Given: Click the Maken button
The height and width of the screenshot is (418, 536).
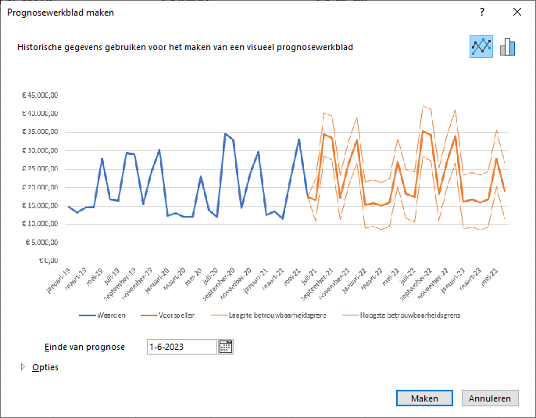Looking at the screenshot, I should click(424, 398).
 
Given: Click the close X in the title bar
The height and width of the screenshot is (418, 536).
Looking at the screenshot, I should click(516, 12).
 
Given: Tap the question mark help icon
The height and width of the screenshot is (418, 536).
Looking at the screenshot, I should click(482, 12).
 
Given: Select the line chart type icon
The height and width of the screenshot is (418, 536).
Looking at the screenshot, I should click(481, 47).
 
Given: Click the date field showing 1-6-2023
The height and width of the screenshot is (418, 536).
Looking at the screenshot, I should click(181, 347).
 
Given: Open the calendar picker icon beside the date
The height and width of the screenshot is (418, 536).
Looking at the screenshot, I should click(226, 347).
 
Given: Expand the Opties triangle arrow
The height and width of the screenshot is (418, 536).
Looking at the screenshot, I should click(23, 366).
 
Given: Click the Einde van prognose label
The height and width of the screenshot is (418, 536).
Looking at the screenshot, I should click(85, 347).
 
